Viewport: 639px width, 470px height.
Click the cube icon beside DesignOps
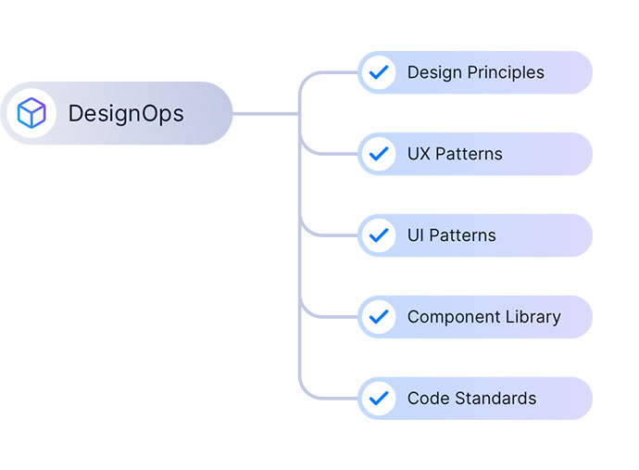[x=31, y=113]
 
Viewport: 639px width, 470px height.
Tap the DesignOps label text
[x=126, y=114]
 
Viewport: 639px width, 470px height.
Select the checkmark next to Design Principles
[x=379, y=72]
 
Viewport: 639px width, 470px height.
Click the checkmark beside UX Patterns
[x=379, y=154]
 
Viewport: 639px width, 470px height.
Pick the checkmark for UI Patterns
[x=379, y=235]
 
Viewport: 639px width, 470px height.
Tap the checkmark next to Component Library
[x=379, y=317]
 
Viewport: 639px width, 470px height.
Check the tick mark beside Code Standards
[x=379, y=399]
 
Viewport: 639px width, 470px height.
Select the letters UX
[x=419, y=154]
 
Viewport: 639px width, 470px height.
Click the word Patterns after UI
[x=462, y=235]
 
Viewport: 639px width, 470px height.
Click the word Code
[x=429, y=399]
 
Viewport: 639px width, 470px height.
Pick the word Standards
[x=495, y=399]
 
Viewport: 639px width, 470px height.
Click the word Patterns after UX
[x=469, y=154]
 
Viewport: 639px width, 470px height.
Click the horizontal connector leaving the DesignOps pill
[x=266, y=114]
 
